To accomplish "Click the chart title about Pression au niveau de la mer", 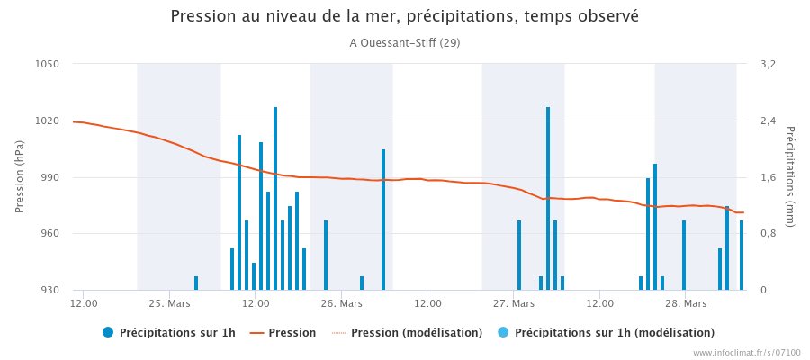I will click(x=404, y=17).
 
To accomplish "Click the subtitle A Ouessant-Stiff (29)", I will click(x=404, y=42).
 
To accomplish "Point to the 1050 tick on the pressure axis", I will click(x=48, y=64).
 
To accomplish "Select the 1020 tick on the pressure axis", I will click(x=48, y=121).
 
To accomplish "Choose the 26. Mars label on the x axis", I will click(x=340, y=304).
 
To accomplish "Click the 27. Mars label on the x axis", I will click(x=513, y=304).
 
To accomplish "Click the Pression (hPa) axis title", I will click(x=20, y=176).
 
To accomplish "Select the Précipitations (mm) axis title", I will click(x=790, y=176).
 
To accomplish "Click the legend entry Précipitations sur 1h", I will click(x=177, y=333).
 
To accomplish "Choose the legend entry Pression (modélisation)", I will click(x=416, y=333).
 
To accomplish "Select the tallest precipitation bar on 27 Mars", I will click(x=547, y=198).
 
